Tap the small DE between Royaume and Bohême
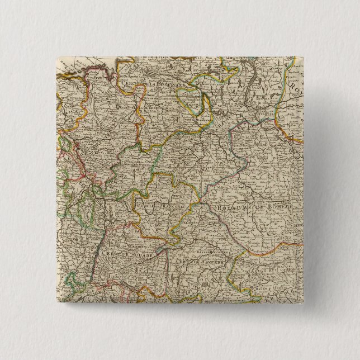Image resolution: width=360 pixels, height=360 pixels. pyautogui.click(x=253, y=209)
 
